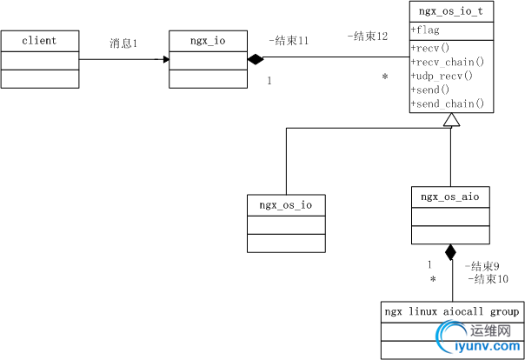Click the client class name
(x=39, y=41)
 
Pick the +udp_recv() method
(x=441, y=76)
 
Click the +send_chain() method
(x=446, y=104)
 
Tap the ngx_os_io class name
(x=286, y=205)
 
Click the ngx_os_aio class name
(x=449, y=197)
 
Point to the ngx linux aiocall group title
(x=453, y=310)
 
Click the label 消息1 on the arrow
(x=123, y=43)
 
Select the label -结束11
(x=289, y=41)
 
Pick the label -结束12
(x=367, y=37)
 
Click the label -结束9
(x=482, y=266)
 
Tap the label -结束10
(x=485, y=279)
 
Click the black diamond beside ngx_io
(x=256, y=59)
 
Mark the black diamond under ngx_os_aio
(x=450, y=253)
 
